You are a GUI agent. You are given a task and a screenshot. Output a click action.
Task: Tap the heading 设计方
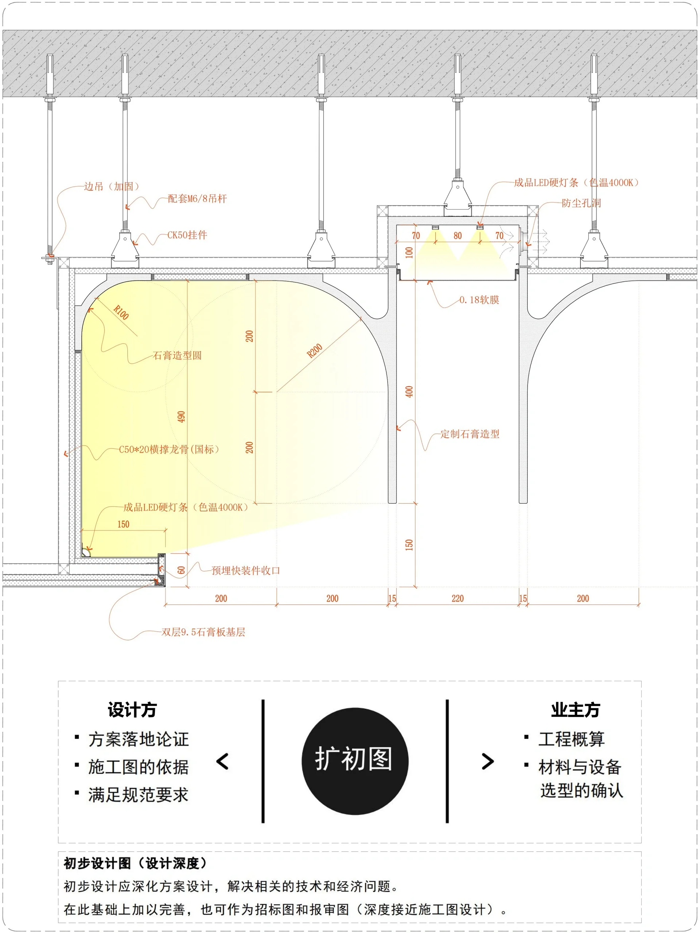click(x=132, y=710)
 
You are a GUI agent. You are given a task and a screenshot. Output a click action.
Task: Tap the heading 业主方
click(x=575, y=710)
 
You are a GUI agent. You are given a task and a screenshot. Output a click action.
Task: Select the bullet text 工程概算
click(x=571, y=739)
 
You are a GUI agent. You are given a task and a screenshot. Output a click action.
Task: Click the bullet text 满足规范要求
click(x=138, y=795)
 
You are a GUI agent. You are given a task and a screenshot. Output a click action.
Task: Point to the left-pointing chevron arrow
click(x=222, y=761)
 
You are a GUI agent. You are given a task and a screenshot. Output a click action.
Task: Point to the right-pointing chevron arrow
click(x=488, y=761)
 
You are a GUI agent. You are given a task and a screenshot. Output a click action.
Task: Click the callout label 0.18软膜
click(x=479, y=300)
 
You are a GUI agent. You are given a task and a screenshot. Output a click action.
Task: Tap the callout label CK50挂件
click(x=187, y=235)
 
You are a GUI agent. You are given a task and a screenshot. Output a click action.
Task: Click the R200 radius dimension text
click(x=314, y=351)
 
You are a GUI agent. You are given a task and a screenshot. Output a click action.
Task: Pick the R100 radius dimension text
click(x=121, y=313)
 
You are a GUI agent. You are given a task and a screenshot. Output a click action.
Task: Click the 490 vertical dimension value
click(x=181, y=417)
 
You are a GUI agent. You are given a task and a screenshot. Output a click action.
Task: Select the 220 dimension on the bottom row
click(x=458, y=598)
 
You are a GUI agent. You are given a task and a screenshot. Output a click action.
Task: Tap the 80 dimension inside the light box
click(x=458, y=236)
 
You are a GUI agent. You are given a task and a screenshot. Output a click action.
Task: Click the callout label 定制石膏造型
click(x=470, y=434)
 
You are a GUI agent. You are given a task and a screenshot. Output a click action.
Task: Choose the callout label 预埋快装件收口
click(x=246, y=571)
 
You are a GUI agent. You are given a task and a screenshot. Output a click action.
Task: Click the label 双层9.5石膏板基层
click(x=203, y=632)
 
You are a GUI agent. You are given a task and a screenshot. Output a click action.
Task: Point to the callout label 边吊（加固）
click(x=112, y=187)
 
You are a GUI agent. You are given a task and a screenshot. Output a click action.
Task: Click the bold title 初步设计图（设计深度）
click(x=136, y=863)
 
